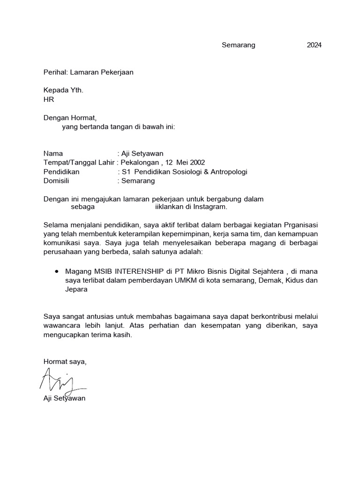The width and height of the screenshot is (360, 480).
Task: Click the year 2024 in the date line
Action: [314, 45]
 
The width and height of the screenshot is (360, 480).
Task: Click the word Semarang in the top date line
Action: [238, 45]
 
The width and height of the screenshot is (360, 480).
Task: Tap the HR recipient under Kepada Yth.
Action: [49, 99]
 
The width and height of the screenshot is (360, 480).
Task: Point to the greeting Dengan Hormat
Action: [69, 118]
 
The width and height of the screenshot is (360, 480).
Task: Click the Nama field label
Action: [52, 154]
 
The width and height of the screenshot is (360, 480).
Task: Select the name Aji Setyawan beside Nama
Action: [142, 154]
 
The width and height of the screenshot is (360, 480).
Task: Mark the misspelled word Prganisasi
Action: [300, 225]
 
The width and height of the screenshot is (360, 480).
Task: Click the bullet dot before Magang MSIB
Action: [57, 271]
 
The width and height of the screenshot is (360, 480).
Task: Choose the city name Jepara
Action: [76, 290]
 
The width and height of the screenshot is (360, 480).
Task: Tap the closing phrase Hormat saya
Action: [65, 361]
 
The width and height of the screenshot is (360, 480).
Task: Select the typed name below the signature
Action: [64, 398]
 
